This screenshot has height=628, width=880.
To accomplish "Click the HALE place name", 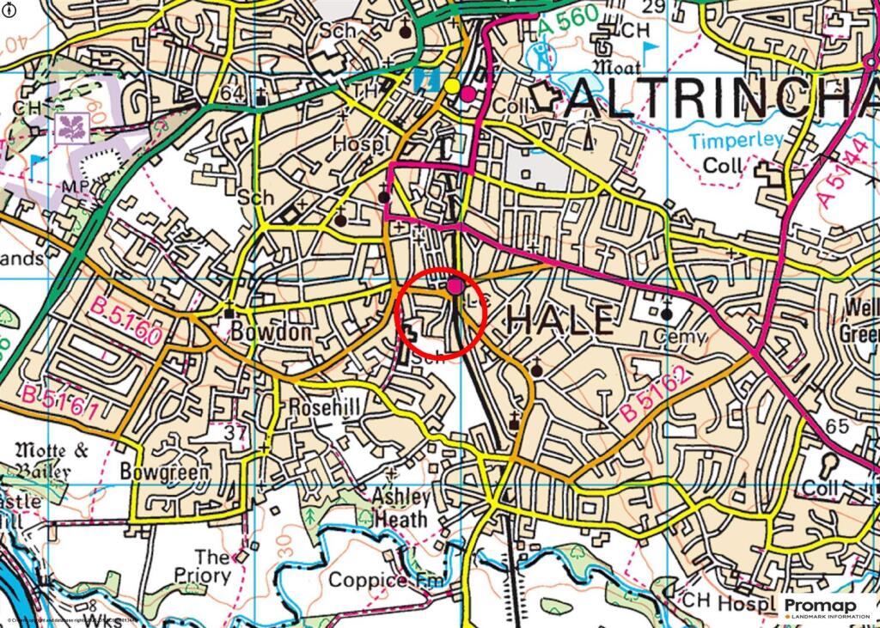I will click(560, 320).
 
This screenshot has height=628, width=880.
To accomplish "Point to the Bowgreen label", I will click(164, 472).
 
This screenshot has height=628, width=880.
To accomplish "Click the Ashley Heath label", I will click(400, 508).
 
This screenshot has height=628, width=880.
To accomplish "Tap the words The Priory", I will click(203, 566).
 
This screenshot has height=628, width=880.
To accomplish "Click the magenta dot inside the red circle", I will click(455, 286).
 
